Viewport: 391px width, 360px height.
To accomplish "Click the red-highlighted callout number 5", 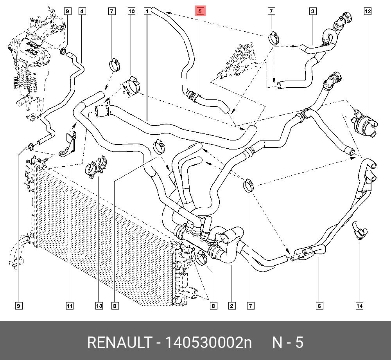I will tap(200, 11).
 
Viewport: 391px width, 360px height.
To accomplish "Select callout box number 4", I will tap(82, 11).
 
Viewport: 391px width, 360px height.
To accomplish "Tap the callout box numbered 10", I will tap(131, 11).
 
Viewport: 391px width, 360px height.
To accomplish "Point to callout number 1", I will tap(147, 11).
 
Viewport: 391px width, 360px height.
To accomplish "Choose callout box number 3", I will tap(313, 11).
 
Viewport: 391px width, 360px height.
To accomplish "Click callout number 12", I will tap(368, 11).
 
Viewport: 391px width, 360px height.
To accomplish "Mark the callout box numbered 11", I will tap(69, 306).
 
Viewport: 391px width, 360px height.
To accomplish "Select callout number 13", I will tap(99, 306).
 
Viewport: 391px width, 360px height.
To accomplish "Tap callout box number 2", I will tap(232, 306).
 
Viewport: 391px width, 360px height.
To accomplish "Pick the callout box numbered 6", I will tap(319, 306).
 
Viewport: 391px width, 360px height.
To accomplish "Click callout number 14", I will tap(359, 306).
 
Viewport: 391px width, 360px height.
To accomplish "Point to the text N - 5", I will tap(288, 342).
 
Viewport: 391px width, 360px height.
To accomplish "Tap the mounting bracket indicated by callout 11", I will tap(68, 145).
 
